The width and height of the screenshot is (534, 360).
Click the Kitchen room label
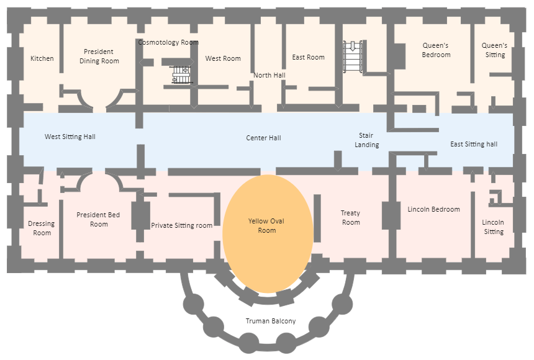(x=42, y=58)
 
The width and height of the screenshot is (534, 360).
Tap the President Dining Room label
(x=99, y=56)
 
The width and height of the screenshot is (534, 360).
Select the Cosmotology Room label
(x=168, y=42)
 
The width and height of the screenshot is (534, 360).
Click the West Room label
(x=223, y=58)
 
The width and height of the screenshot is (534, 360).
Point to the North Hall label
(x=269, y=75)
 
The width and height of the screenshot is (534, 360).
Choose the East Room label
(x=309, y=57)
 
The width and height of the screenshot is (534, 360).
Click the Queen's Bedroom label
(x=436, y=50)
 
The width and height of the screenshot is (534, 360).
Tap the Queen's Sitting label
(x=495, y=50)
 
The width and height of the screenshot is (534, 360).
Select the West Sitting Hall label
(x=70, y=137)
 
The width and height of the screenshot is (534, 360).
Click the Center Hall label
(x=263, y=137)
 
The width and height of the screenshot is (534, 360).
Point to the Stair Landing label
(x=366, y=140)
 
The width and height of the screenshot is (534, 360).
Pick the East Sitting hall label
(x=474, y=144)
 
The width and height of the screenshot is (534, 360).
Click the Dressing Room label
(x=42, y=228)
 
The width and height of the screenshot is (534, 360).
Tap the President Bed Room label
(x=99, y=220)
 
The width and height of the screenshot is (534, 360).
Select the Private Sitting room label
(x=182, y=225)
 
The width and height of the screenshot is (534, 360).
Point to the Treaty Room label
(x=351, y=218)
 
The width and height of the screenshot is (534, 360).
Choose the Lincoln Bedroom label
(x=434, y=209)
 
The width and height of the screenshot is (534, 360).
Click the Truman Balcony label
(x=271, y=321)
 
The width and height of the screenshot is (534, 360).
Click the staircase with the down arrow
(x=353, y=58)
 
